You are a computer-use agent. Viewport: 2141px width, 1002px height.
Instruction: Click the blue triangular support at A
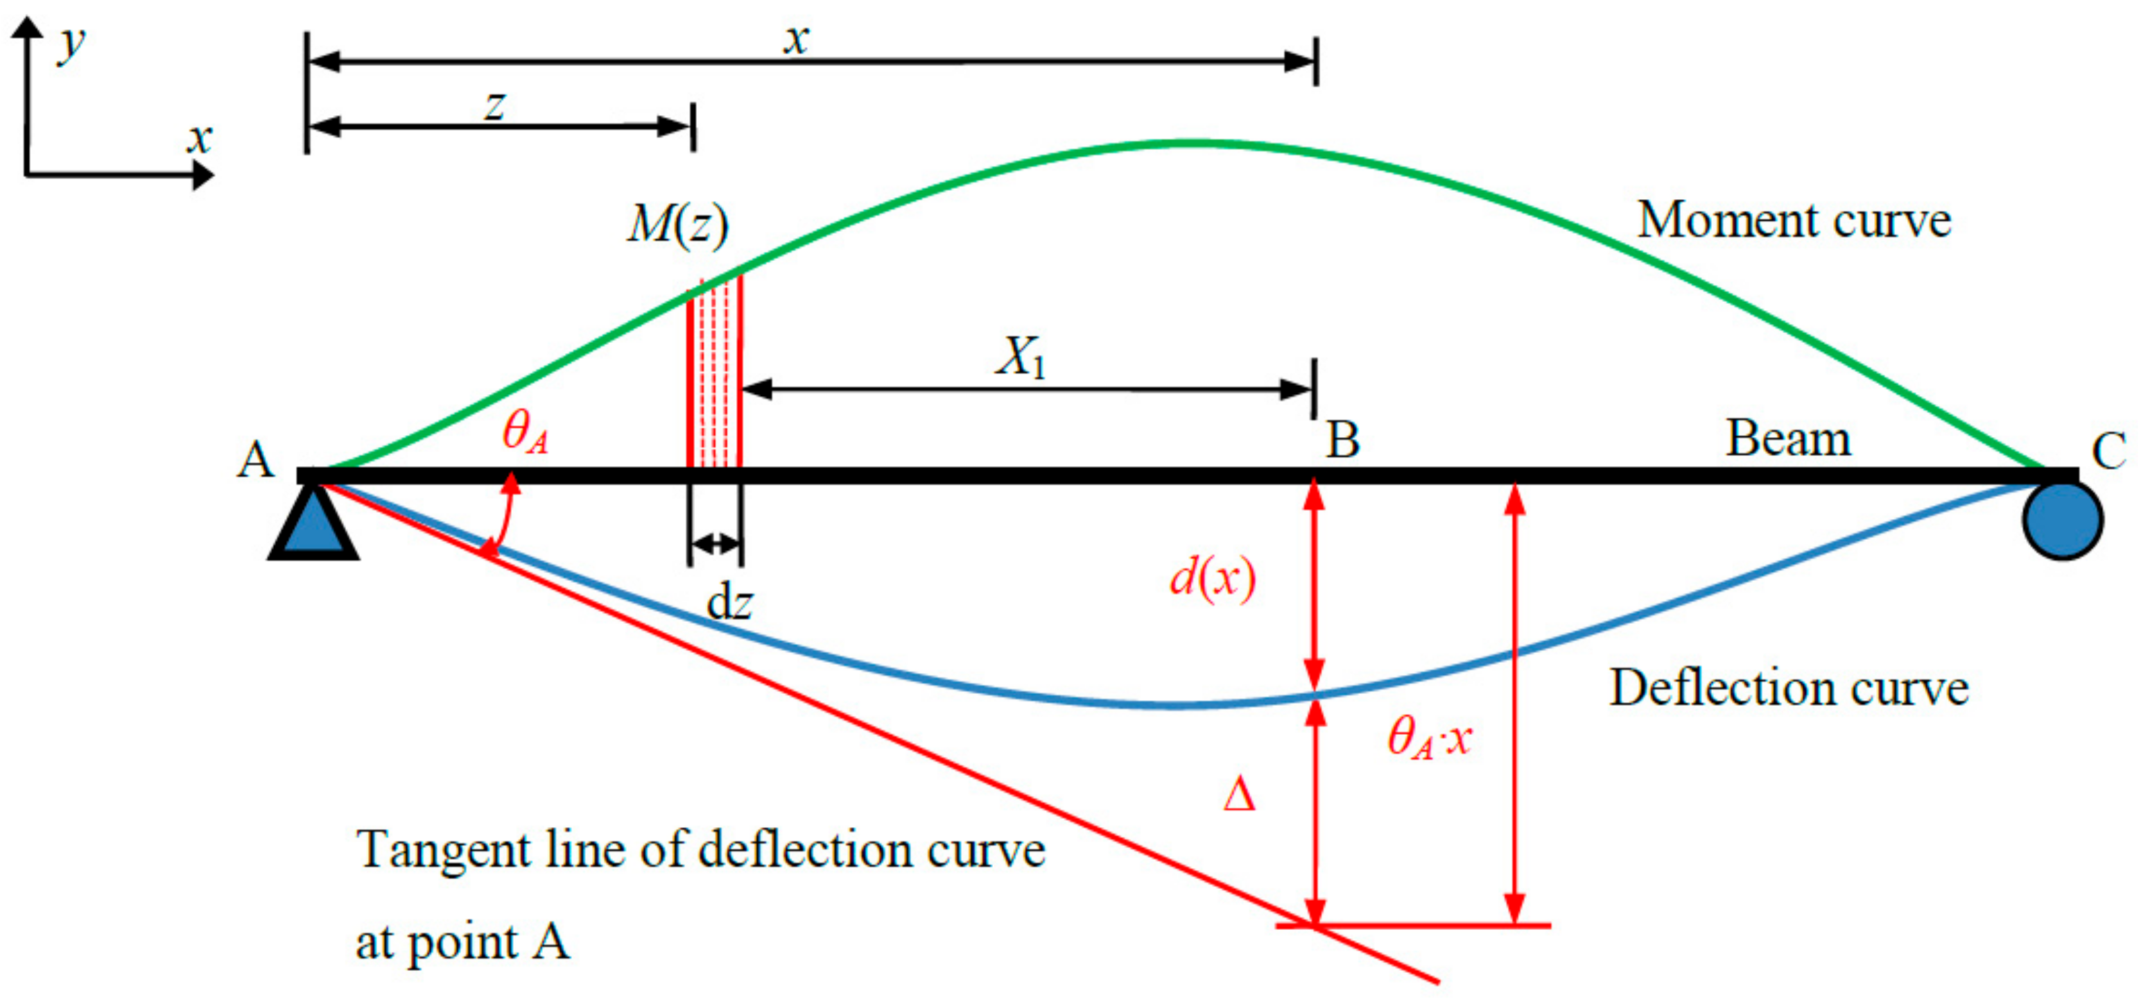(313, 525)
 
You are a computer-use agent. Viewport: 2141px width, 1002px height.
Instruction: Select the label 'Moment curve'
(1794, 221)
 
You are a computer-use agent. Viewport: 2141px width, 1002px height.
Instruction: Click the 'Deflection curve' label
(1789, 688)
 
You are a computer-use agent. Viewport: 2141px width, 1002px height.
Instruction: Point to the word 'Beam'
(1789, 439)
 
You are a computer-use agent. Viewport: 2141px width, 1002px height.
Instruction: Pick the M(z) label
(677, 225)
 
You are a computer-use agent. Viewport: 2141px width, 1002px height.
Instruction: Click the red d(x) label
(1212, 577)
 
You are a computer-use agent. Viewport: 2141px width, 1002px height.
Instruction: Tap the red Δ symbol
(1238, 795)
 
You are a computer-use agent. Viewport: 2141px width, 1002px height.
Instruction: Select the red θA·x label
(1430, 738)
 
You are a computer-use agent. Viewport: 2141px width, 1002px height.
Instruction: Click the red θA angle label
(526, 432)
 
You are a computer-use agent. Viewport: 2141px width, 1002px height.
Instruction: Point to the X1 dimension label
(1021, 357)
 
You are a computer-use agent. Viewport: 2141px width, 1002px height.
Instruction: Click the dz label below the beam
(729, 603)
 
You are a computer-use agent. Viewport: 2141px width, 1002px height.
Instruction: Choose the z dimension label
(494, 106)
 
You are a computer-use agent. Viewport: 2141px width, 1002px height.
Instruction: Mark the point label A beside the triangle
(255, 459)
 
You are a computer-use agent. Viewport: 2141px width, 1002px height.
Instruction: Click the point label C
(2108, 452)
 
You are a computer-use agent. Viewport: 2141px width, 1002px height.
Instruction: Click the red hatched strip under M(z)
(715, 374)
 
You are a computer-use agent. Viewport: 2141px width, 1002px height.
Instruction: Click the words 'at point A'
(462, 942)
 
